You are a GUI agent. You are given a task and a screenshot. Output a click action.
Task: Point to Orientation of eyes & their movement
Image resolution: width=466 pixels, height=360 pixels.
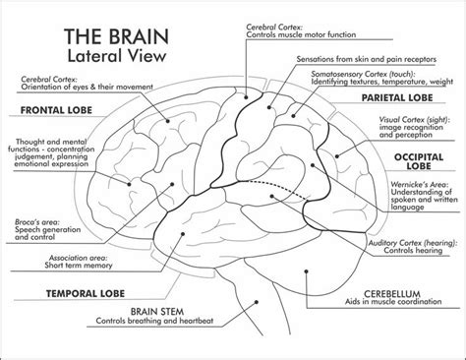tap(71, 86)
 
